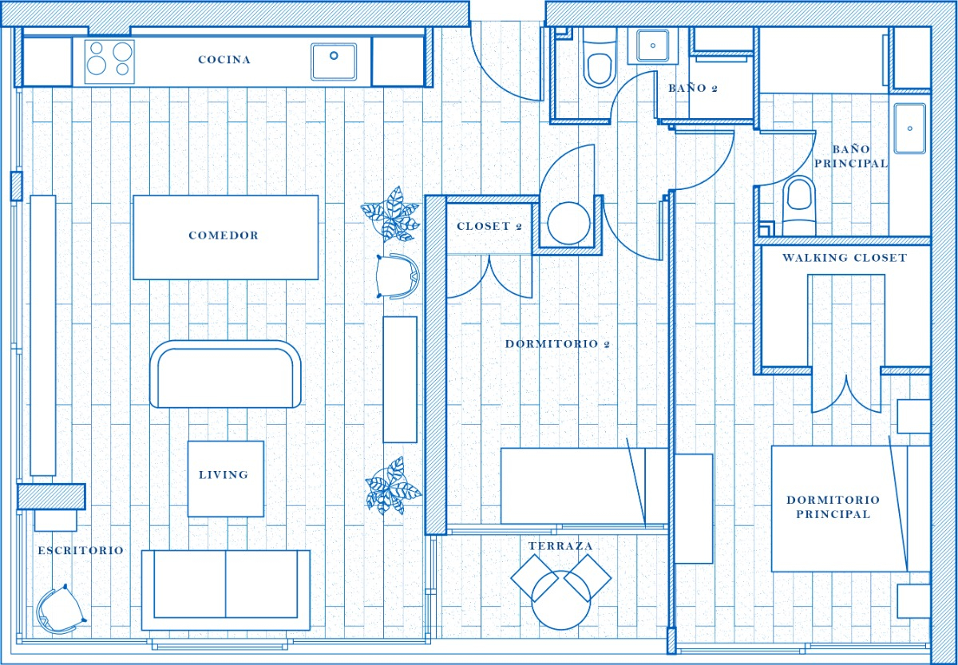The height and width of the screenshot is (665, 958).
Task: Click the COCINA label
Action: click(224, 60)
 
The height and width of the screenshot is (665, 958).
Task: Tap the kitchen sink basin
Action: click(334, 61)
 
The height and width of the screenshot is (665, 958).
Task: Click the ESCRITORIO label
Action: click(81, 551)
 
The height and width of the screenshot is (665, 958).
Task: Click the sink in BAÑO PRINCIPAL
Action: click(910, 128)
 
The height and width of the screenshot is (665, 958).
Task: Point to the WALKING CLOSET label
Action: click(844, 258)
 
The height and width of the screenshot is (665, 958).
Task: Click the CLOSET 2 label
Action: click(489, 227)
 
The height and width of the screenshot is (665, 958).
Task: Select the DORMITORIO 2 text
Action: click(557, 345)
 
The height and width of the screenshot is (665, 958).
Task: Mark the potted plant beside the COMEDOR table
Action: click(391, 214)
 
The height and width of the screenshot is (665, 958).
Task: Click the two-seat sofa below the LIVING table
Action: click(226, 588)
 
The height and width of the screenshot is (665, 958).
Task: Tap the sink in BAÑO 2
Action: click(653, 46)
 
